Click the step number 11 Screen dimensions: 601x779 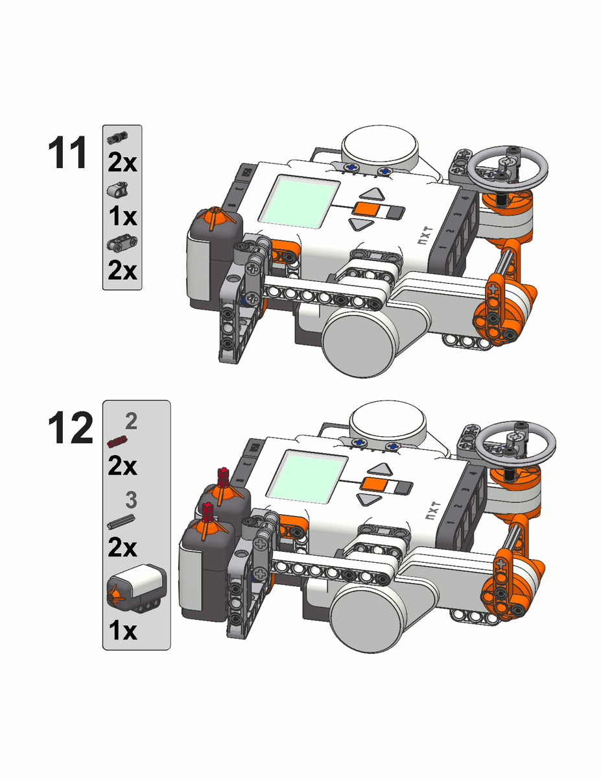coord(67,153)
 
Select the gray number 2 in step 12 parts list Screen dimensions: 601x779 coord(132,421)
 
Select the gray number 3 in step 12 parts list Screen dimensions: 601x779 coord(132,500)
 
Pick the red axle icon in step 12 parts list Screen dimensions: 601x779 coord(117,441)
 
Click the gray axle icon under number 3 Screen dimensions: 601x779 coord(121,521)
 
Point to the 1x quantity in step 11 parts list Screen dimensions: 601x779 coord(123,217)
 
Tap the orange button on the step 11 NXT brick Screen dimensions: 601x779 coord(366,209)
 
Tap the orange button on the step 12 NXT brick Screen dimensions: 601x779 coord(374,484)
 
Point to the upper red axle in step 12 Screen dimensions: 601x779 coord(224,478)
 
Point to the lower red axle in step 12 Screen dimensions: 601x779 coord(207,513)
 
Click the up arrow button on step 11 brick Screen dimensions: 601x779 coord(372,194)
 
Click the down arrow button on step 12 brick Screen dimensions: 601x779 coord(370,500)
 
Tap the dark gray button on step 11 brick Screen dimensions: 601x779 coord(395,212)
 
